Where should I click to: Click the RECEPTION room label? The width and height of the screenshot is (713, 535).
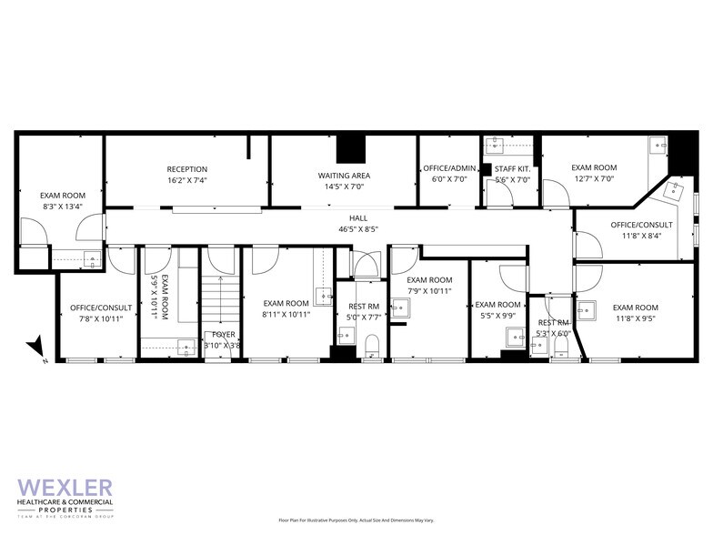pyautogui.click(x=187, y=169)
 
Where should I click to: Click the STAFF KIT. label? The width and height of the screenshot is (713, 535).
pyautogui.click(x=512, y=169)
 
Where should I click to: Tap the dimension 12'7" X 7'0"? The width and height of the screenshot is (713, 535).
pyautogui.click(x=594, y=179)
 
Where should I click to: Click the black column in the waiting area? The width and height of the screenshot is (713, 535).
pyautogui.click(x=349, y=147)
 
